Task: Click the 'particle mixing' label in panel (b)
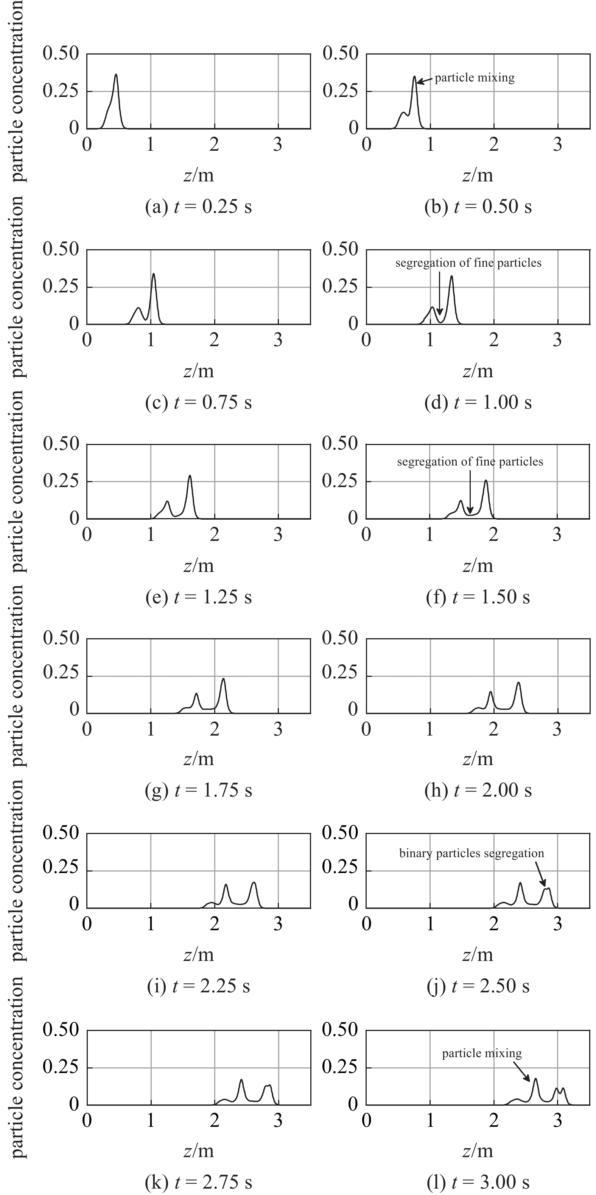click(x=474, y=78)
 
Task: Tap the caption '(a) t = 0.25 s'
click(x=198, y=206)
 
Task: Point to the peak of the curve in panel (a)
click(x=116, y=75)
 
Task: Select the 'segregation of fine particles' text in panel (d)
click(x=468, y=263)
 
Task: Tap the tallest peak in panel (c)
click(x=153, y=274)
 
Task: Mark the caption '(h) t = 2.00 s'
click(x=478, y=790)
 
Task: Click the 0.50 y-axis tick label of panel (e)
click(x=61, y=444)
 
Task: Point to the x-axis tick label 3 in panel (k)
click(x=278, y=1120)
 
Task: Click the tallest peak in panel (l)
click(x=535, y=1079)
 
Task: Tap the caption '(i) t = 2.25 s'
click(x=198, y=986)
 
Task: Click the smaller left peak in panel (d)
click(x=432, y=308)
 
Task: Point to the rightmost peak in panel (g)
click(x=223, y=679)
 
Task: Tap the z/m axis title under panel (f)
click(x=478, y=566)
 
